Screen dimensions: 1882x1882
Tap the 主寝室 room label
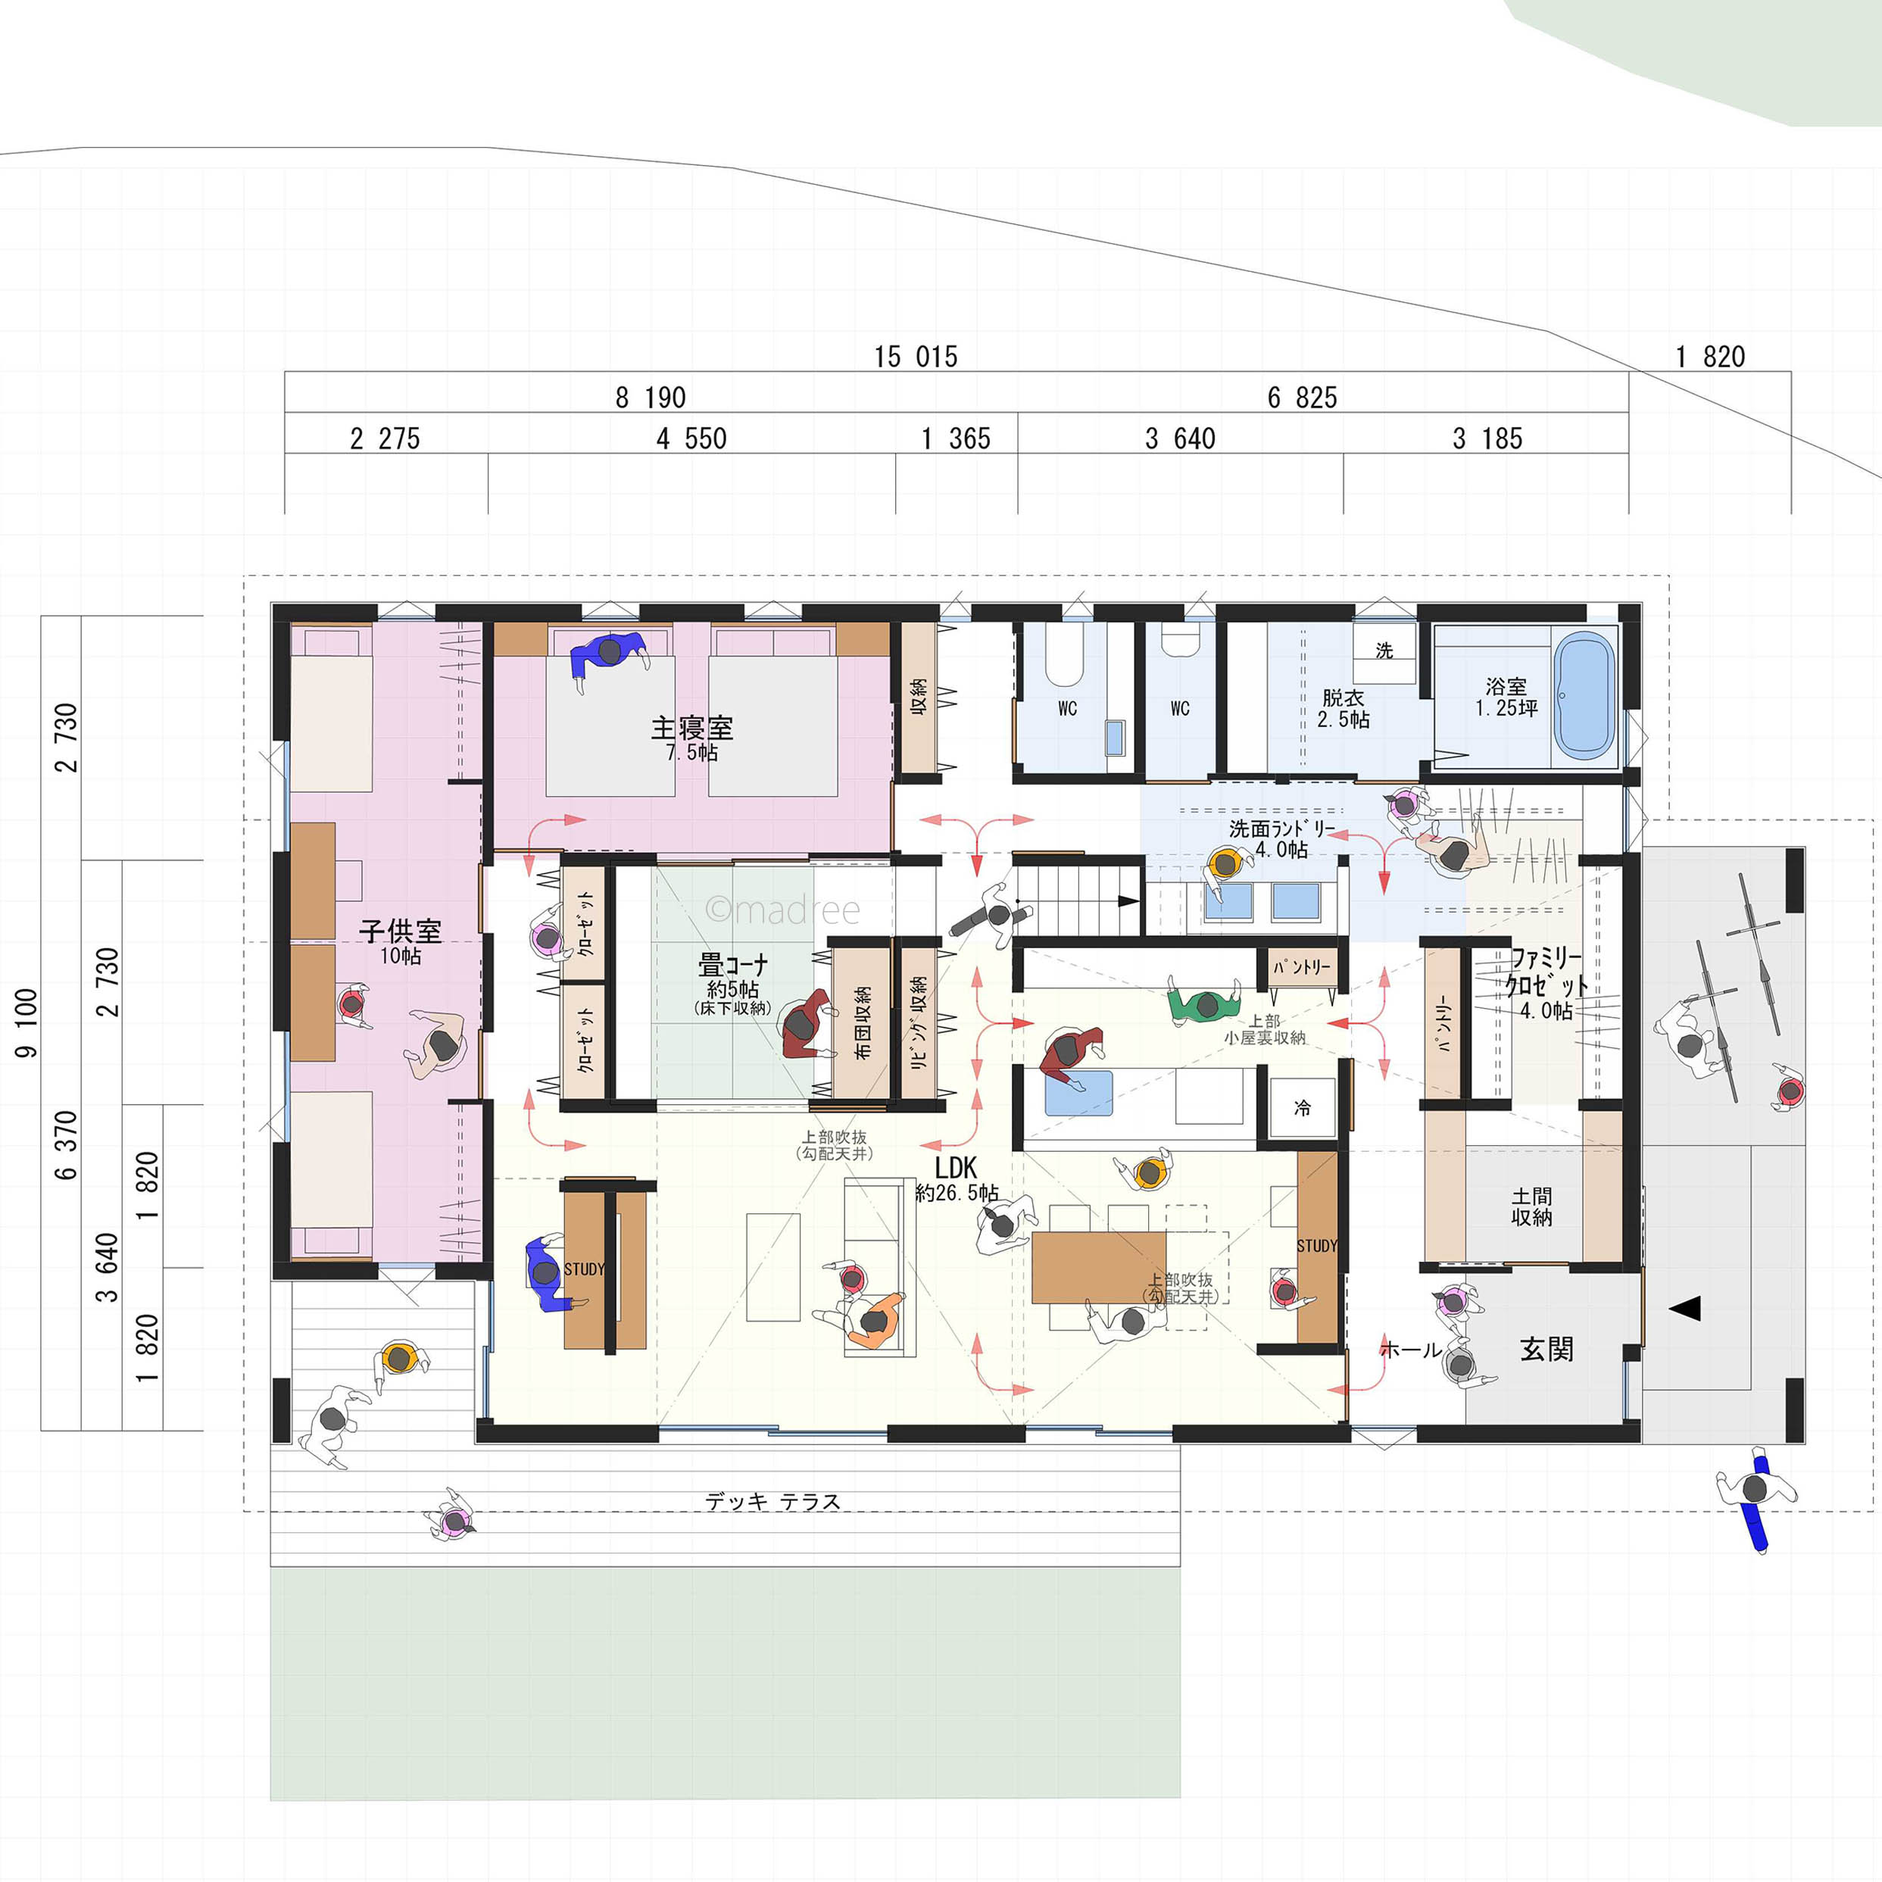691,728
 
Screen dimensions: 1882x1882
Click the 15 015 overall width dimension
916,357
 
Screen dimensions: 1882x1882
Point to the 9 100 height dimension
27,1023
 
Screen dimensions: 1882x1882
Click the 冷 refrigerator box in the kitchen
1303,1107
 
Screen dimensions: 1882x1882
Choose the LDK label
956,1167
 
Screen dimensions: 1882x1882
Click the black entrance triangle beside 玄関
1685,1308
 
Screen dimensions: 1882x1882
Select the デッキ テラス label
772,1502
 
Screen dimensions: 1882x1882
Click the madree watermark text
783,910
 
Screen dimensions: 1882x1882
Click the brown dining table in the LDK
1099,1267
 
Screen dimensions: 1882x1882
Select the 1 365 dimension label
957,439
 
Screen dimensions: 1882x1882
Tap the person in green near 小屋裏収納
1204,1003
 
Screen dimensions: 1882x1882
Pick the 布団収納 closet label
862,1023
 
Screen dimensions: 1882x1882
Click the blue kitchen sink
1078,1093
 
